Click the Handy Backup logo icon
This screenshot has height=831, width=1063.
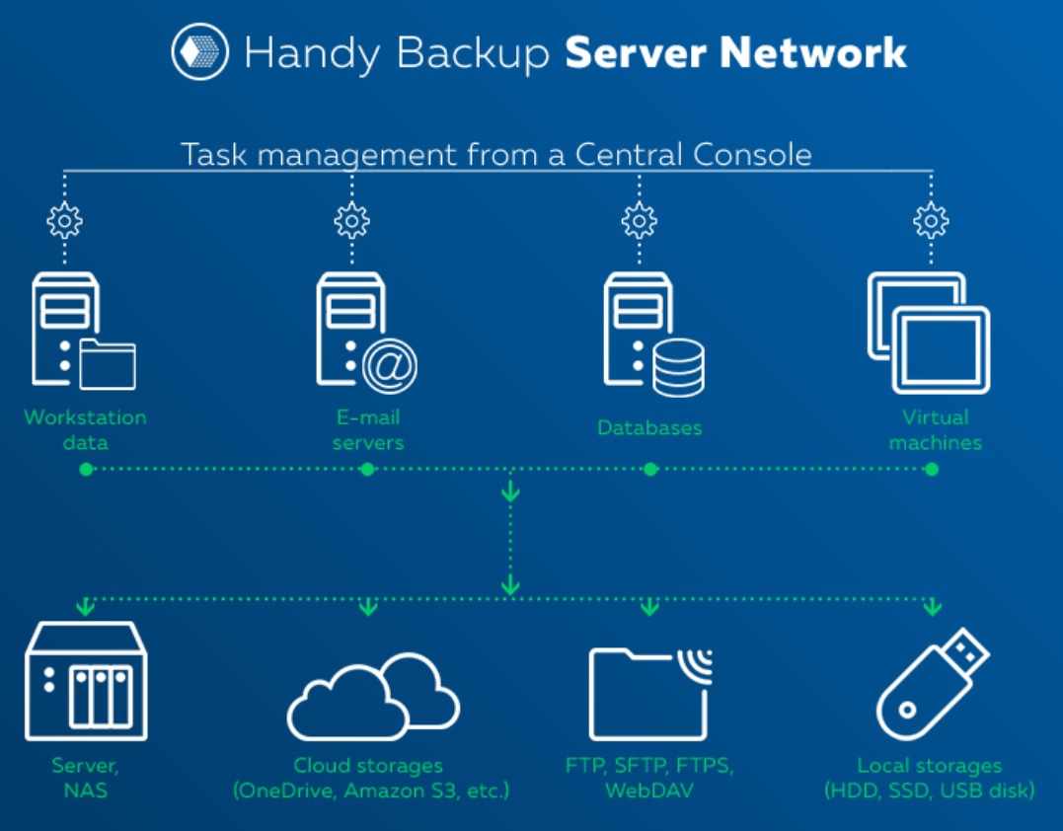click(x=200, y=52)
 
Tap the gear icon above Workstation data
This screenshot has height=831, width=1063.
click(x=64, y=221)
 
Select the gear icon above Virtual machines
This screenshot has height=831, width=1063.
click(x=931, y=221)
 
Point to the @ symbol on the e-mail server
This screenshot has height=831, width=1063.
click(x=390, y=366)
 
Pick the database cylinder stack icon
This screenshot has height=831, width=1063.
click(x=678, y=366)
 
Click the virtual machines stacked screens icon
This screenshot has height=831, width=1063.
click(x=929, y=333)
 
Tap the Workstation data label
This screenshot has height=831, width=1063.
click(x=85, y=429)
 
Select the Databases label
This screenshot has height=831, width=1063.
click(x=649, y=428)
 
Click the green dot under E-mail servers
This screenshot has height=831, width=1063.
click(x=367, y=470)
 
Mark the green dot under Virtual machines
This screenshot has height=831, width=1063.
click(x=932, y=470)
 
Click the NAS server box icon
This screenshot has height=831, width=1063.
click(x=86, y=681)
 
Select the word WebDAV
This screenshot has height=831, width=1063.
click(x=648, y=791)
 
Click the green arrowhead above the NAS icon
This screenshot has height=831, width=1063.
click(x=86, y=605)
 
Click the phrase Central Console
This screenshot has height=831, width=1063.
click(x=693, y=155)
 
